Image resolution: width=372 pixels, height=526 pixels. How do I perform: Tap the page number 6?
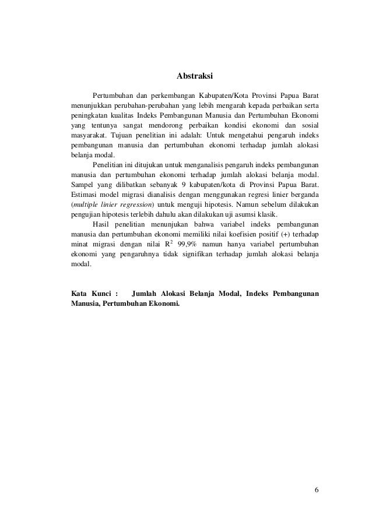point(316,489)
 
